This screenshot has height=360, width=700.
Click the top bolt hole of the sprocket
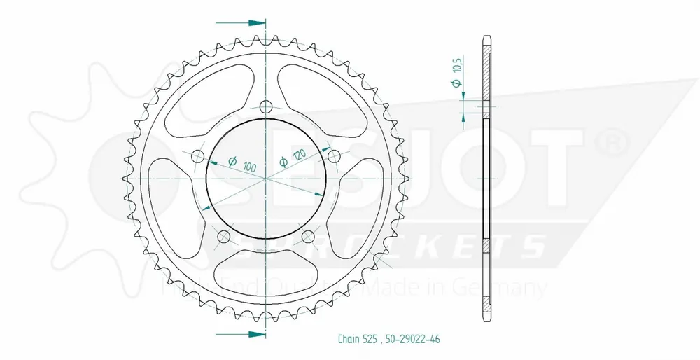point(265,106)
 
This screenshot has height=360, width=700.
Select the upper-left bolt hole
point(197,155)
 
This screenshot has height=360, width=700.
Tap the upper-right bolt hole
point(333,155)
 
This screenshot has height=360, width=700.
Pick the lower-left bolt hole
point(223,235)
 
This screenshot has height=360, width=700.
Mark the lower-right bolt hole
point(307,235)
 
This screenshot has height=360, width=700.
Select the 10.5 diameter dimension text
point(457,73)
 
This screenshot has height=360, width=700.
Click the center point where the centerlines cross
point(265,179)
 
